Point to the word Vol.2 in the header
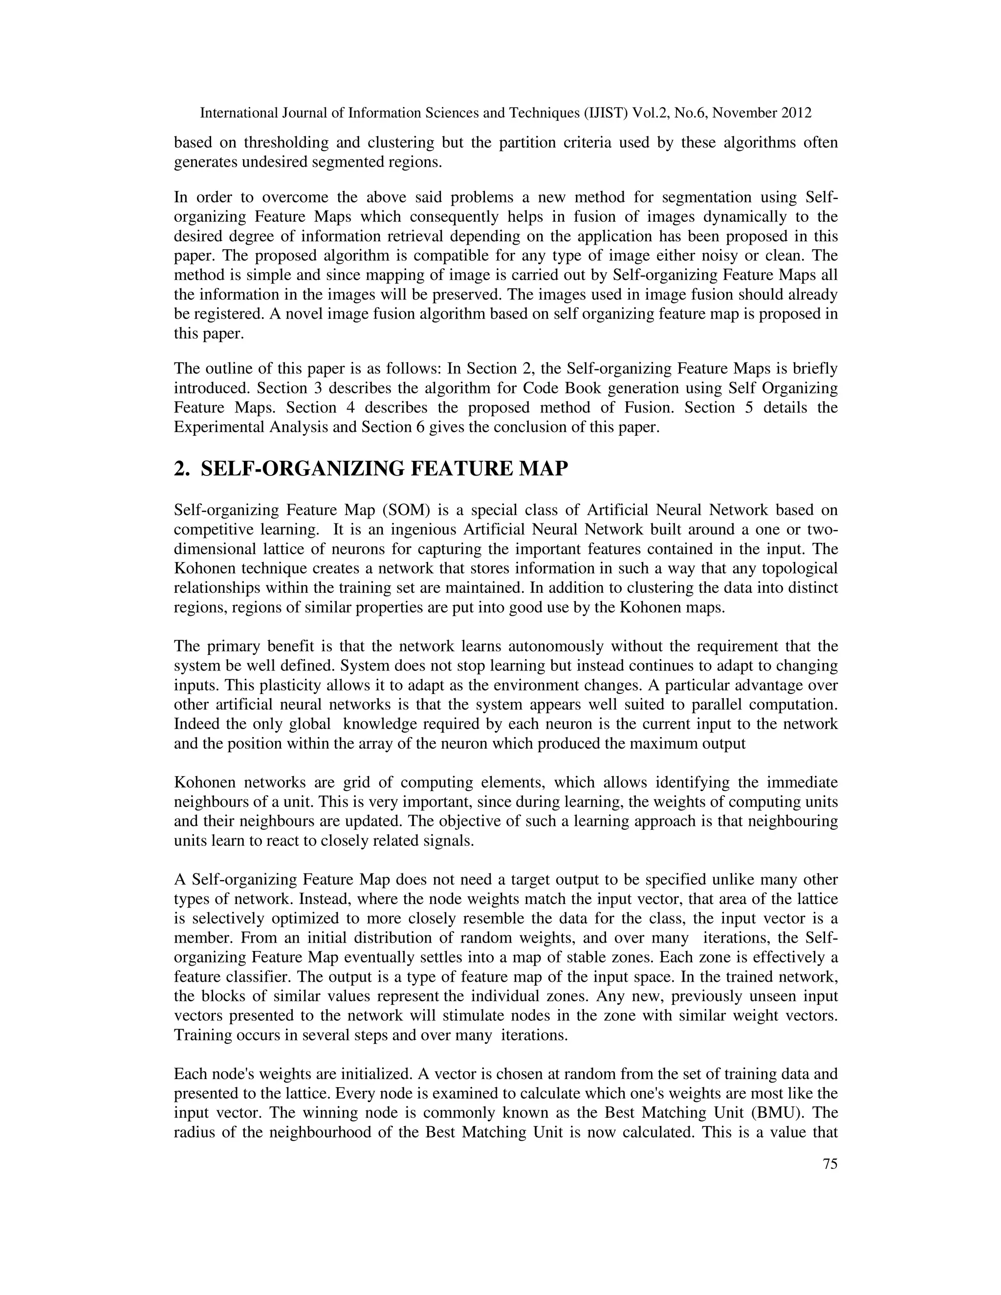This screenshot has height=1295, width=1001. click(x=651, y=113)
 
